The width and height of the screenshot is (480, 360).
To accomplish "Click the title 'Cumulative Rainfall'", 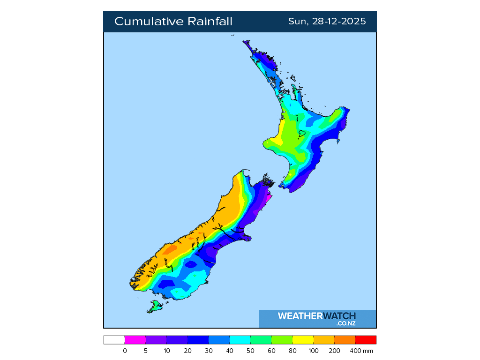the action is pyautogui.click(x=173, y=22).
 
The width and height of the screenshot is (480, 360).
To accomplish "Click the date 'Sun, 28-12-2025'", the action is pyautogui.click(x=327, y=22).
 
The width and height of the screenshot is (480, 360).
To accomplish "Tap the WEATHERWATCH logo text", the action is pyautogui.click(x=316, y=316).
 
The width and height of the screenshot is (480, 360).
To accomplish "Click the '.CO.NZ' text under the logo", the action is pyautogui.click(x=345, y=323).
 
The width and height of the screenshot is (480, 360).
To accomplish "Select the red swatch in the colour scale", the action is pyautogui.click(x=366, y=340).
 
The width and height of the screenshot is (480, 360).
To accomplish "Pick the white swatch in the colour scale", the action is pyautogui.click(x=114, y=340).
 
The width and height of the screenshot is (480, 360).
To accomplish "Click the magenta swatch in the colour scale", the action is pyautogui.click(x=135, y=340).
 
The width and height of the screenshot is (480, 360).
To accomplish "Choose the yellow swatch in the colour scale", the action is pyautogui.click(x=302, y=340).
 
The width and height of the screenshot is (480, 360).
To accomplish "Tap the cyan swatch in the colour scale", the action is pyautogui.click(x=240, y=340).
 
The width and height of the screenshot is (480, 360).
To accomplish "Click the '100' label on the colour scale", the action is pyautogui.click(x=313, y=351).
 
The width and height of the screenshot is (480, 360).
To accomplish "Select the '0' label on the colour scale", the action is pyautogui.click(x=125, y=351).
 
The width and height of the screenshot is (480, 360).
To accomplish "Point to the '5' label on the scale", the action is pyautogui.click(x=146, y=351).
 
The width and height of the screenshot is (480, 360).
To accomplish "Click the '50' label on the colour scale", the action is pyautogui.click(x=250, y=351).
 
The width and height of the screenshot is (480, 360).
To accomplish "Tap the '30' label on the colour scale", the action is pyautogui.click(x=209, y=351).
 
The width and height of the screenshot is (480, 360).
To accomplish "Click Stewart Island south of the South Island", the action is pyautogui.click(x=154, y=307).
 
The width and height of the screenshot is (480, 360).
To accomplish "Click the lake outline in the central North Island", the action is pyautogui.click(x=302, y=133).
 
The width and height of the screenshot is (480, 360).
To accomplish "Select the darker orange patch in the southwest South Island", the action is pyautogui.click(x=170, y=249).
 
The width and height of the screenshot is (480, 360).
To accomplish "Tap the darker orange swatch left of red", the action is pyautogui.click(x=345, y=340).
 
